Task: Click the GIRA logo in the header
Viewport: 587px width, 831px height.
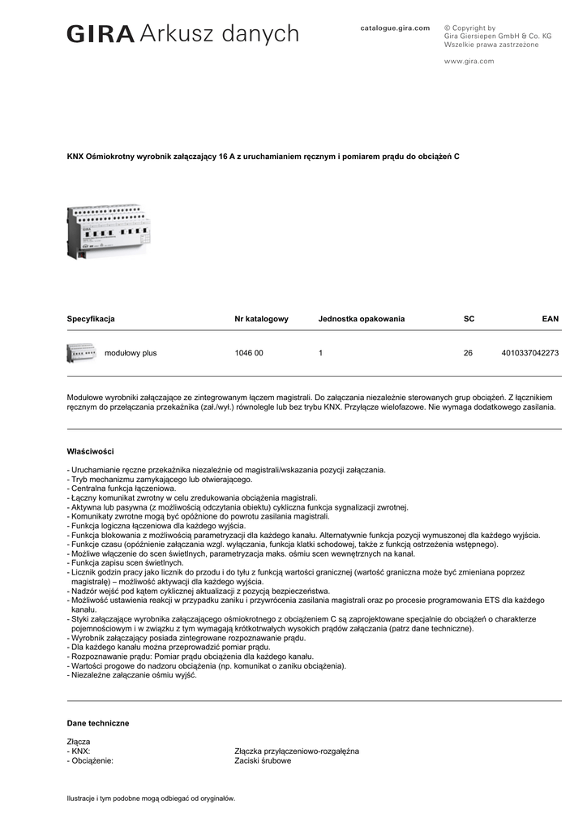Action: (x=101, y=34)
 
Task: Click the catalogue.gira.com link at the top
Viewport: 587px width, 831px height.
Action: (x=395, y=28)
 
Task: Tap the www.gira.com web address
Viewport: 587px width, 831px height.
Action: (x=469, y=61)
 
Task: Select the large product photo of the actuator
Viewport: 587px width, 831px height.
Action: (x=109, y=231)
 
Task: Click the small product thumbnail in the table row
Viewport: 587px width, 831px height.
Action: (x=81, y=353)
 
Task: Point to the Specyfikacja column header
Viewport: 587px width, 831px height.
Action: (x=91, y=319)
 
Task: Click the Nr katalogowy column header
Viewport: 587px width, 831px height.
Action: (x=261, y=319)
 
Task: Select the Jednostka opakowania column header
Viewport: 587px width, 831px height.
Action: (x=361, y=319)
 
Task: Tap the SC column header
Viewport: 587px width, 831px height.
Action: (x=469, y=319)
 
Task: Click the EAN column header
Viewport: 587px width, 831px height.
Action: (x=550, y=319)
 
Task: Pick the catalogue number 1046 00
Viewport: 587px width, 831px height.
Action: (x=249, y=353)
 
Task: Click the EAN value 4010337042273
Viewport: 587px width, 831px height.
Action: (x=530, y=353)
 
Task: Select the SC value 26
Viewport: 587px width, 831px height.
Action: (x=468, y=353)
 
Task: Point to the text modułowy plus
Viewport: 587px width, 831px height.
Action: (x=131, y=353)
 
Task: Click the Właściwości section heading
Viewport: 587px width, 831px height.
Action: (x=90, y=450)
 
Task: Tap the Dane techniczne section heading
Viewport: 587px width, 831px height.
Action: (x=97, y=723)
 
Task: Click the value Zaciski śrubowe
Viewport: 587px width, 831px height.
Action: (x=263, y=761)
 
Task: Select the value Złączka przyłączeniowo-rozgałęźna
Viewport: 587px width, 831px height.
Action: (x=296, y=751)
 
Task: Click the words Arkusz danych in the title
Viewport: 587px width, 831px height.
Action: (x=219, y=34)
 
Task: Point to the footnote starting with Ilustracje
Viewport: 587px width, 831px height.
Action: (x=151, y=799)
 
